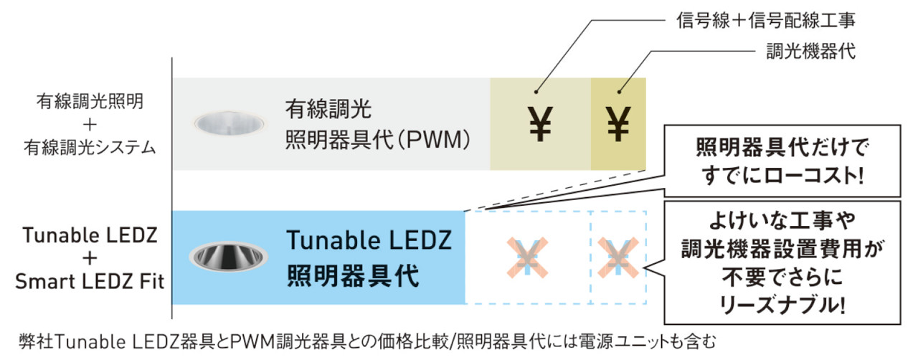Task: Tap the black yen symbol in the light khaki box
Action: pos(540,123)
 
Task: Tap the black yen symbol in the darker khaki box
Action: pos(618,123)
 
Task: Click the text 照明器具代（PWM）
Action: pos(378,138)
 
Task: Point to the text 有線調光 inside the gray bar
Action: pos(328,109)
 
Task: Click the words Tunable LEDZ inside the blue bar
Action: pos(369,240)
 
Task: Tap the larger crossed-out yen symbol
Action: pos(527,256)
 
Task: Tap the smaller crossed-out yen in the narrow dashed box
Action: pos(617,256)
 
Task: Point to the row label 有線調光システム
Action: pos(90,147)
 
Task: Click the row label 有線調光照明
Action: pos(90,101)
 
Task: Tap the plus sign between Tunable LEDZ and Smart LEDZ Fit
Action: pos(89,259)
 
